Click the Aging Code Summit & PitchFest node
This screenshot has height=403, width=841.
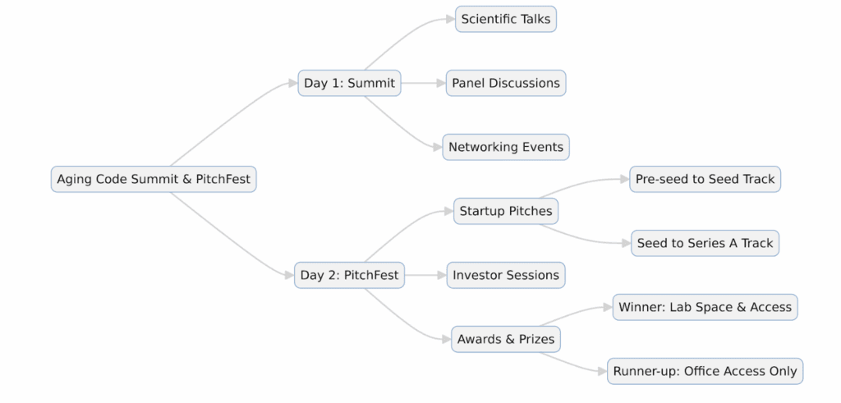154,179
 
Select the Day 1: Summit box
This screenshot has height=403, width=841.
349,83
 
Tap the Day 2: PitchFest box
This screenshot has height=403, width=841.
349,275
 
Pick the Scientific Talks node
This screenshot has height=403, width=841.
506,19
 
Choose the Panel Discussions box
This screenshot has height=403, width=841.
506,83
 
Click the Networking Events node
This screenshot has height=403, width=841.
506,147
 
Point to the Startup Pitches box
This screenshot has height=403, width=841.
506,211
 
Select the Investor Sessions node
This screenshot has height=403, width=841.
506,275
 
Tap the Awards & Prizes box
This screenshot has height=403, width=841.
506,339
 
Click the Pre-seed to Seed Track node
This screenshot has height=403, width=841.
705,179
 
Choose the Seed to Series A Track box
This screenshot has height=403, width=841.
705,243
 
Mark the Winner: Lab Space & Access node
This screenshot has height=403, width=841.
705,307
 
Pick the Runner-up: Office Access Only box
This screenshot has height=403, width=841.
705,371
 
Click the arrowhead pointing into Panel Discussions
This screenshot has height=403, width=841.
441,83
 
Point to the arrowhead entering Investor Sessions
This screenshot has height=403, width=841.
441,275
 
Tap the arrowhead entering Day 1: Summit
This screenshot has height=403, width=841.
292,83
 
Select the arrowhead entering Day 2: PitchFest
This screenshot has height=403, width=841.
289,275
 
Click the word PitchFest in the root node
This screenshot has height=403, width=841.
223,179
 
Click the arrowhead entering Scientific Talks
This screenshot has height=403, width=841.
450,19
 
